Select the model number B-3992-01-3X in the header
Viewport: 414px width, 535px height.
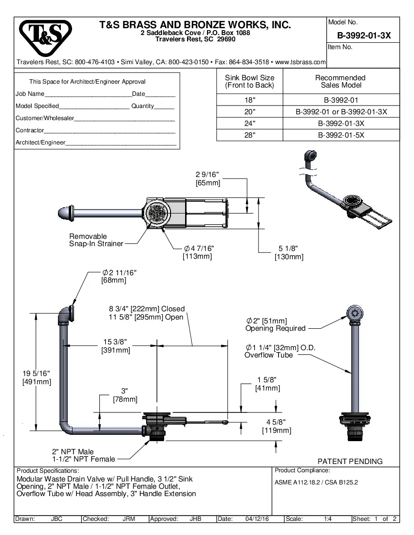coord(363,36)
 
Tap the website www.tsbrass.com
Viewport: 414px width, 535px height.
coord(300,62)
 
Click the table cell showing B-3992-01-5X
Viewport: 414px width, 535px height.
coord(340,136)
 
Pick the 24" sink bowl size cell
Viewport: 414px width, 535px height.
coord(249,124)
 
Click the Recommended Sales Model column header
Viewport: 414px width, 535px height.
coord(340,81)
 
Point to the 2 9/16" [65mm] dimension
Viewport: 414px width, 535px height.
coord(207,178)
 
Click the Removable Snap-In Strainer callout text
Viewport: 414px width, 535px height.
coord(96,240)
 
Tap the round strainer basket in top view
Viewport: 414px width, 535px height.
coord(157,213)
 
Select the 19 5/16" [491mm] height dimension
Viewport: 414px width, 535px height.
coord(36,377)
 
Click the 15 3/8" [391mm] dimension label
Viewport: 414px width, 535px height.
coord(115,346)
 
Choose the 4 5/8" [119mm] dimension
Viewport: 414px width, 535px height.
coord(276,426)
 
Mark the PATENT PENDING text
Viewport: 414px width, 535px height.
coord(350,461)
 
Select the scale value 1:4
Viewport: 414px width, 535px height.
coord(328,519)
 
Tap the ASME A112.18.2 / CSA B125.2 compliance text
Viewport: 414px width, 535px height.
coord(317,482)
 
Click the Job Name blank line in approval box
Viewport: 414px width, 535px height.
coord(88,94)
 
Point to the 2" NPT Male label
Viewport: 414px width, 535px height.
coord(73,451)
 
